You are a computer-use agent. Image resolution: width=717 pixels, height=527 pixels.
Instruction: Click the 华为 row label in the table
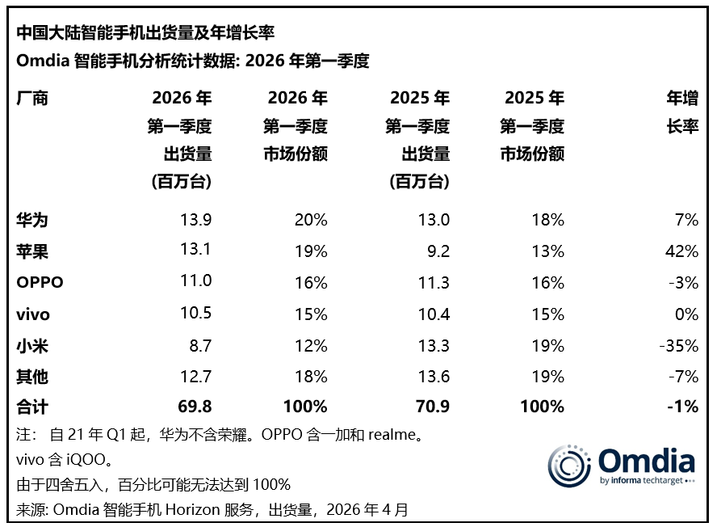(x=32, y=220)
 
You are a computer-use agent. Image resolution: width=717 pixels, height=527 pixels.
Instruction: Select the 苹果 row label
(x=32, y=251)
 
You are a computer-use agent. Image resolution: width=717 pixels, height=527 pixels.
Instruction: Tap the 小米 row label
(x=32, y=346)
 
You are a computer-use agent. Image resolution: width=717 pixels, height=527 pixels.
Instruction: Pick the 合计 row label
(x=32, y=407)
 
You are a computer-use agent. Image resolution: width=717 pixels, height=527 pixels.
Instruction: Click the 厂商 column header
(x=32, y=99)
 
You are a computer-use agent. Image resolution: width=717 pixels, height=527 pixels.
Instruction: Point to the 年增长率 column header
(x=681, y=113)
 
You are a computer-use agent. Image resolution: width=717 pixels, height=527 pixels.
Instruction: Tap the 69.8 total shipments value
(x=194, y=407)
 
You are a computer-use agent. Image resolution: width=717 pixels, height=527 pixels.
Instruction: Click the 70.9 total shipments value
(x=432, y=407)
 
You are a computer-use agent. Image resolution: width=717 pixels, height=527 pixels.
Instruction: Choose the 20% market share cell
(x=311, y=220)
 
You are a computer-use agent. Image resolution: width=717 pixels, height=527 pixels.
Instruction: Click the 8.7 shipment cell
(x=199, y=346)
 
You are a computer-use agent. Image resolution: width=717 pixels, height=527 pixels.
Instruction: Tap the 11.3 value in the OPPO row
(x=433, y=283)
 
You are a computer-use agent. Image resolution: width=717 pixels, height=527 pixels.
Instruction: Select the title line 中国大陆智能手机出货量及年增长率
(x=145, y=33)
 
